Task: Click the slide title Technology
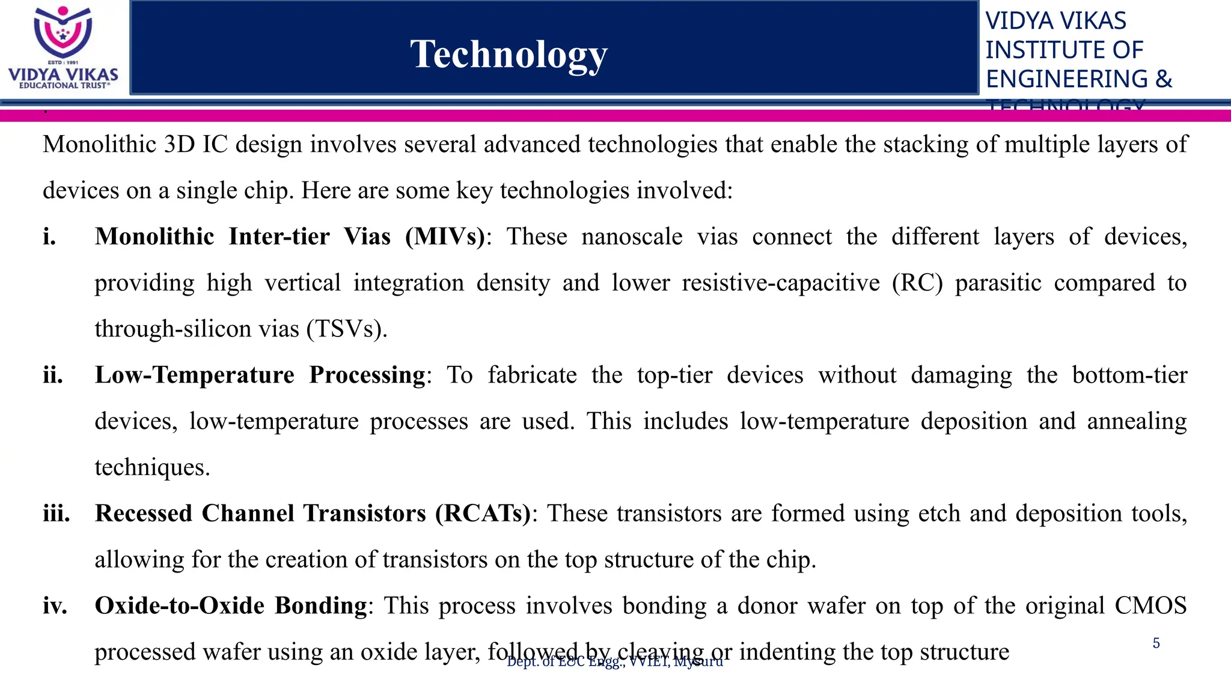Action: [x=509, y=55]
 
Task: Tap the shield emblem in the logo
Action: [x=63, y=32]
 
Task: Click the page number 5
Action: [x=1156, y=643]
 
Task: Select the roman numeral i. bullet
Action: [x=50, y=237]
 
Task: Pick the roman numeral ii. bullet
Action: [x=53, y=375]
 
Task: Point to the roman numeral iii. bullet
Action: [x=57, y=514]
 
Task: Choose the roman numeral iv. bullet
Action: [x=55, y=605]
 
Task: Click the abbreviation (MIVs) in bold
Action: [x=445, y=237]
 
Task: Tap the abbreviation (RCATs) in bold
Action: [x=483, y=514]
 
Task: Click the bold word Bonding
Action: [x=321, y=605]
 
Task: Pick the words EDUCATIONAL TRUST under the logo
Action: [x=64, y=85]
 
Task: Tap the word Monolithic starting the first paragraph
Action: [x=100, y=145]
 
